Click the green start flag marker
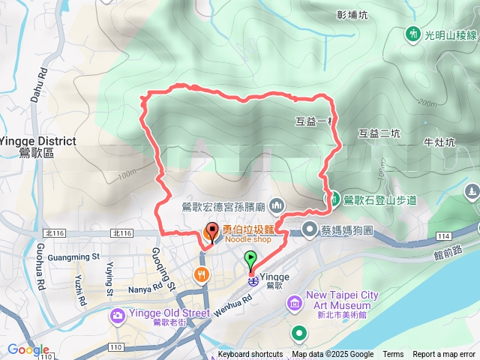click(x=251, y=260)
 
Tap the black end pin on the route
click(x=212, y=232)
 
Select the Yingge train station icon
click(x=253, y=282)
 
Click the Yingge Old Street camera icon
click(x=118, y=316)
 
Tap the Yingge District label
click(x=37, y=141)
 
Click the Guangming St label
click(x=73, y=256)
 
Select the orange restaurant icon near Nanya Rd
click(x=201, y=274)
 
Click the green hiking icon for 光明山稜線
click(x=412, y=34)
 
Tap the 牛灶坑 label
click(x=439, y=141)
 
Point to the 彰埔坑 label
click(x=352, y=14)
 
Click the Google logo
click(x=28, y=349)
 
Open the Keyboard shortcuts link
click(x=250, y=355)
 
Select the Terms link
click(x=393, y=355)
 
